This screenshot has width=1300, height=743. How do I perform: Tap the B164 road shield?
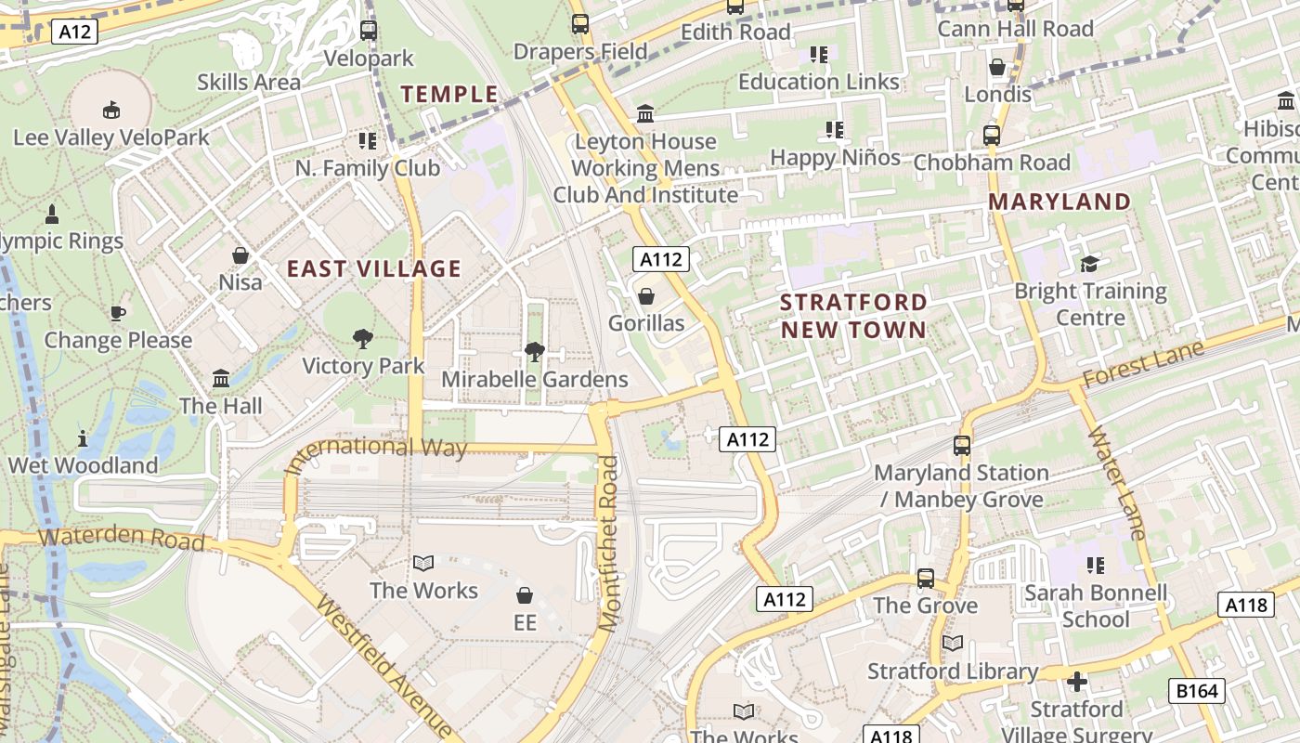pos(1197,690)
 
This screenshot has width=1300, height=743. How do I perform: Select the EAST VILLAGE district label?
pos(373,269)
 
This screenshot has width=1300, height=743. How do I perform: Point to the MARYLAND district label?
pos(1059,202)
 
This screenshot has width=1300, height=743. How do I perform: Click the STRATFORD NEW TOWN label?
pos(853,316)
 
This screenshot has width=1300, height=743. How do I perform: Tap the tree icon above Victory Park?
pos(363,339)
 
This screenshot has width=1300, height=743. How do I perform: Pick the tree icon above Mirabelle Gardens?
pos(534,352)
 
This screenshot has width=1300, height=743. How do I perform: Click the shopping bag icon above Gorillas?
pos(645,296)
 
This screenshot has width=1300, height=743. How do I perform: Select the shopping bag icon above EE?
pos(525,595)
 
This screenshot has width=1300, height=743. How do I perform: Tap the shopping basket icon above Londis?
pos(997,67)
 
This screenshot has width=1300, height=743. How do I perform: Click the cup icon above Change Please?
pos(118,313)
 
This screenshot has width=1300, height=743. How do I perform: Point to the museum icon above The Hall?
pos(221,378)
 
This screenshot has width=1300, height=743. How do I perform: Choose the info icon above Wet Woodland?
pos(83,437)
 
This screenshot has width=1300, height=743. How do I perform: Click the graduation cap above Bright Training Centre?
pos(1089,265)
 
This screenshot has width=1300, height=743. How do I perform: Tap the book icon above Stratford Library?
pos(952,643)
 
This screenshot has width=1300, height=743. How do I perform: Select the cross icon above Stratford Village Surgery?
pos(1077,683)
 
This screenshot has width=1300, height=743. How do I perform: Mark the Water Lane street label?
pos(1118,483)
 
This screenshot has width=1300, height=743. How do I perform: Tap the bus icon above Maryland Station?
pos(962,446)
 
